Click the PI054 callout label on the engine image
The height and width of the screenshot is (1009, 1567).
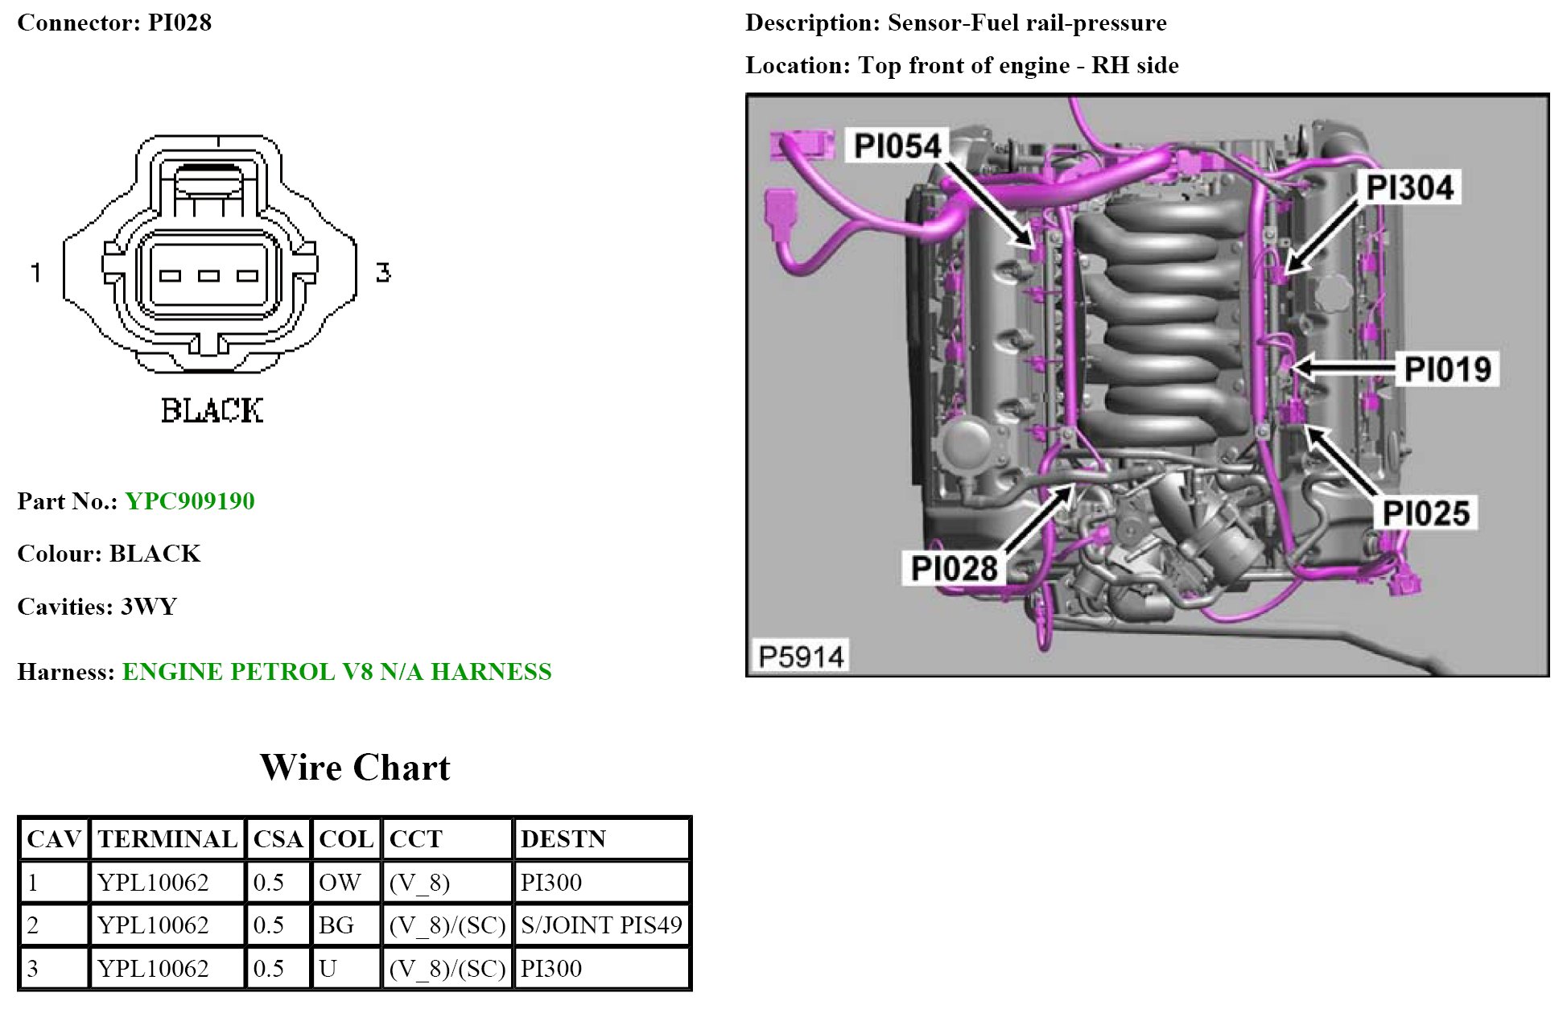(x=897, y=146)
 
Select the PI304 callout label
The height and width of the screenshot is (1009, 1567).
(x=1409, y=187)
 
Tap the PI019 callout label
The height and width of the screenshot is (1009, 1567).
(x=1447, y=369)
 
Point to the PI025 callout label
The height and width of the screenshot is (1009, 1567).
(x=1425, y=513)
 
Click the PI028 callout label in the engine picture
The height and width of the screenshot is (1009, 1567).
(x=954, y=568)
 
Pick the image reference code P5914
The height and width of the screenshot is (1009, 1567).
(x=801, y=657)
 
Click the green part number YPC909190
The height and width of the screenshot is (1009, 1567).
(x=190, y=501)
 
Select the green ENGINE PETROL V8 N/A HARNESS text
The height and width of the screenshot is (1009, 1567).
(x=336, y=672)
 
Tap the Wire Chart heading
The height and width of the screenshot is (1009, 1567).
(x=355, y=768)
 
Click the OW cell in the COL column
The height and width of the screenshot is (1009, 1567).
(x=340, y=883)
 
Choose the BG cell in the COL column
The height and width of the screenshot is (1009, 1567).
(x=336, y=925)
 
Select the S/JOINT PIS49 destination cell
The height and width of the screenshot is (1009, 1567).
(x=601, y=925)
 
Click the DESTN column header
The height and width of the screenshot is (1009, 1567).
(x=563, y=839)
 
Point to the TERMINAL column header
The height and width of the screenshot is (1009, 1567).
(x=167, y=839)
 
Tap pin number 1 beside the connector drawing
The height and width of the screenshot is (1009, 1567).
(x=35, y=272)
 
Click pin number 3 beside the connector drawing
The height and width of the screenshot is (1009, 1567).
(x=383, y=272)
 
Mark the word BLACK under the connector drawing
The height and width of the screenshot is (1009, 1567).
(x=212, y=410)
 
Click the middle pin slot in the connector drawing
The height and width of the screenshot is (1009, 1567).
(x=209, y=276)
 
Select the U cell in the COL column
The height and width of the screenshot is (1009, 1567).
(x=328, y=968)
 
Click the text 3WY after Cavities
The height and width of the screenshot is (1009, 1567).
(x=149, y=607)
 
